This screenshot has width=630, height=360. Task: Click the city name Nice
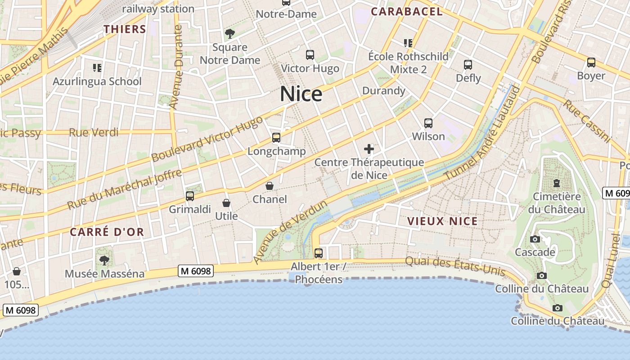point(301,94)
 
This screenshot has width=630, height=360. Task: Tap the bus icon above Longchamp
point(276,138)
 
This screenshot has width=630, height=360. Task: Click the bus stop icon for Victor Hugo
point(310,55)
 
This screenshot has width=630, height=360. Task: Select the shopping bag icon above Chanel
point(270,185)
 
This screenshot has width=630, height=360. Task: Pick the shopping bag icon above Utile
point(226,203)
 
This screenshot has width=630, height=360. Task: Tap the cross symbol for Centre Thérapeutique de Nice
point(369,149)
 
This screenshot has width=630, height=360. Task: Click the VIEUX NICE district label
point(442,221)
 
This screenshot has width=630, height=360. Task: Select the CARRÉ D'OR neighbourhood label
point(107,232)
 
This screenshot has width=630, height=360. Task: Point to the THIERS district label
point(125,30)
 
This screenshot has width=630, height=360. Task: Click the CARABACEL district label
point(407,12)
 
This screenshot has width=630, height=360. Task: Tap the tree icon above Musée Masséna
point(104,260)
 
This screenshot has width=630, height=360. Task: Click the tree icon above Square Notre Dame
point(230,33)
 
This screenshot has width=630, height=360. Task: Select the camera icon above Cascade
point(535,239)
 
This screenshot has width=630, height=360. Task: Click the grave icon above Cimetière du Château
point(557,183)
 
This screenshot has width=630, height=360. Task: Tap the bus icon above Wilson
point(428,123)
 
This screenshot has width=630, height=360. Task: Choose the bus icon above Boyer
point(591,63)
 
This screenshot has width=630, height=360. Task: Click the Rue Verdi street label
point(94,132)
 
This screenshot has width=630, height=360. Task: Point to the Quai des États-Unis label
point(455,266)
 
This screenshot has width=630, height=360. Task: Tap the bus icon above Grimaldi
point(190,196)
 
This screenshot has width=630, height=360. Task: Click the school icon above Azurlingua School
point(97,68)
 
